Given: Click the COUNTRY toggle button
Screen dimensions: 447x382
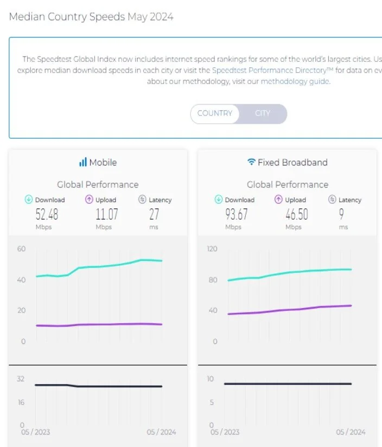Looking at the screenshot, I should pyautogui.click(x=214, y=113).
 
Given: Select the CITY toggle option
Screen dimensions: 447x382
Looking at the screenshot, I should pyautogui.click(x=263, y=113).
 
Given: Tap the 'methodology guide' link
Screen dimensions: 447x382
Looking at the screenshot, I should pyautogui.click(x=295, y=81).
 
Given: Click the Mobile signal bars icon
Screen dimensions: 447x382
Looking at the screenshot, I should pyautogui.click(x=83, y=162).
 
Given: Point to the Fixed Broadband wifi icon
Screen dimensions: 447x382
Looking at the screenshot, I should pyautogui.click(x=251, y=162).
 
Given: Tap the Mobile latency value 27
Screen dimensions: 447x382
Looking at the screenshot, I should pyautogui.click(x=154, y=214).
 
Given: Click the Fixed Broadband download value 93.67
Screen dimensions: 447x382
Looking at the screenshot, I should pyautogui.click(x=236, y=214).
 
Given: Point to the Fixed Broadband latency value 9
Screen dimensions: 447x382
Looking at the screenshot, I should pyautogui.click(x=341, y=214).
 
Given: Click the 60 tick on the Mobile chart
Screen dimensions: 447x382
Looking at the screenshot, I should pyautogui.click(x=21, y=249).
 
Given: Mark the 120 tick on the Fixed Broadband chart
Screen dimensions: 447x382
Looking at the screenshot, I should pyautogui.click(x=212, y=249).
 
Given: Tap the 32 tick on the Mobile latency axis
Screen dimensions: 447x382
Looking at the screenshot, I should pyautogui.click(x=21, y=379).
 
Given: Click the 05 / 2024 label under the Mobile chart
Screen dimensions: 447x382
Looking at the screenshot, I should pyautogui.click(x=161, y=432).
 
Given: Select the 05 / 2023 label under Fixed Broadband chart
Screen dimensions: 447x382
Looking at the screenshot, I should pyautogui.click(x=225, y=432).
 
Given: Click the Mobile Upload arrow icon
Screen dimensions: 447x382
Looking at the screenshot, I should pyautogui.click(x=90, y=200).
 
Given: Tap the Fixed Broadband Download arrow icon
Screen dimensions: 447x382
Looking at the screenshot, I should pyautogui.click(x=219, y=200).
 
